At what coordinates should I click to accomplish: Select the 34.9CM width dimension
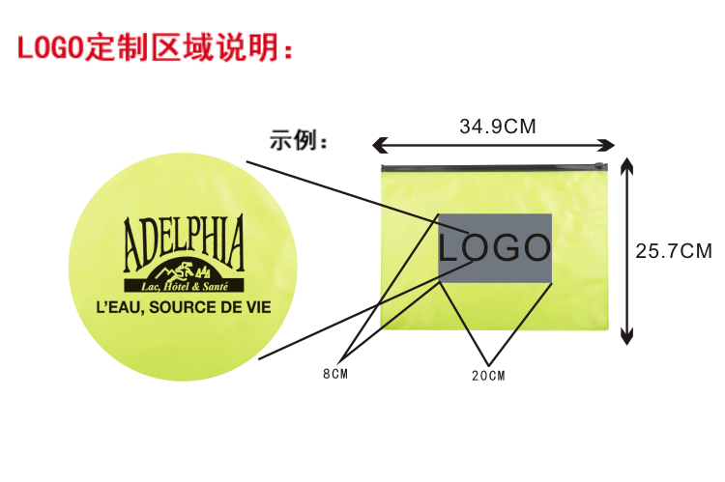point(497,126)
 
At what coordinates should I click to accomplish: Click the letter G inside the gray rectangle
point(501,248)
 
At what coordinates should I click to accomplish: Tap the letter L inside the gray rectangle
point(450,248)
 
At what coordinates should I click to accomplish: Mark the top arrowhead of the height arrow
point(626,165)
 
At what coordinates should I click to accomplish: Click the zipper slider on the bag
point(606,168)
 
